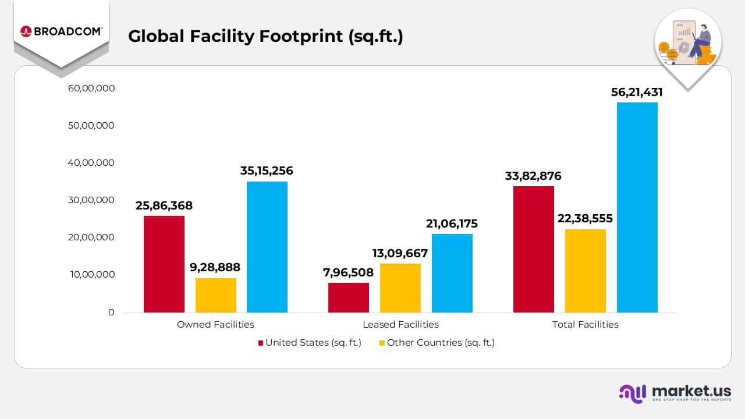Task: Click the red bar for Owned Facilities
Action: [x=164, y=264]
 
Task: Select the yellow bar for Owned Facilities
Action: [x=216, y=295]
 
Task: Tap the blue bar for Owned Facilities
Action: [x=267, y=247]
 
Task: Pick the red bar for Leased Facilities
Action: [x=349, y=297]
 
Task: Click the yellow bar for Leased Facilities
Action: [x=400, y=288]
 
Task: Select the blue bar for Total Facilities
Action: [x=637, y=207]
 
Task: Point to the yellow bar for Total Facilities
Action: [x=586, y=271]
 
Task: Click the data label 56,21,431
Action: [x=637, y=92]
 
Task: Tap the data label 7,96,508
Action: [x=349, y=272]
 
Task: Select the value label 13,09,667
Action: [x=400, y=253]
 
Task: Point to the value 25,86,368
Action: [x=164, y=205]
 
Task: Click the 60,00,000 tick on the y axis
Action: [x=91, y=88]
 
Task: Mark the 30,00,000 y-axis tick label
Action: [x=91, y=200]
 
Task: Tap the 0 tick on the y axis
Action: [x=111, y=313]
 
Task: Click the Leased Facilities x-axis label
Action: [x=400, y=325]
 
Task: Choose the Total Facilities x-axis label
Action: [x=585, y=325]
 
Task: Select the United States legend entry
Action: [x=310, y=343]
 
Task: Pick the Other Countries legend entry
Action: [x=437, y=343]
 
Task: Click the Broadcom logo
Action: [x=61, y=31]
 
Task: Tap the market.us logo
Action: [x=675, y=393]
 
